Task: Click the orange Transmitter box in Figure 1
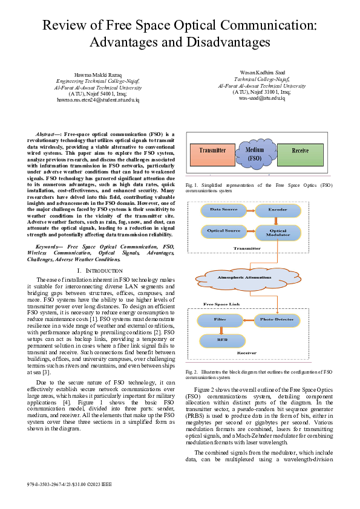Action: pyautogui.click(x=212, y=151)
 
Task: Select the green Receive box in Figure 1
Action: pyautogui.click(x=300, y=151)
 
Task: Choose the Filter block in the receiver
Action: pyautogui.click(x=220, y=318)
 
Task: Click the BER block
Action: pyautogui.click(x=221, y=340)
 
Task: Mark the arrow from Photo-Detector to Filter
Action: pyautogui.click(x=248, y=318)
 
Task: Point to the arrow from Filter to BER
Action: pyautogui.click(x=221, y=329)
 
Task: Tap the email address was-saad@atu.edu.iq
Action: pyautogui.click(x=261, y=97)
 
